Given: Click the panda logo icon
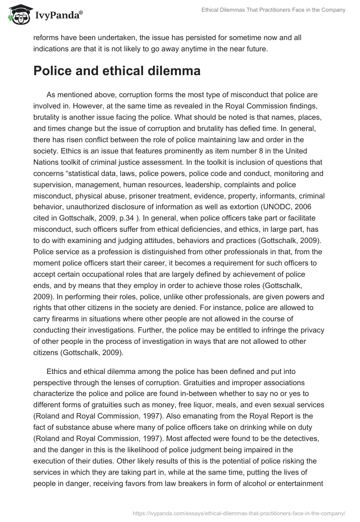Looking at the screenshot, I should [x=17, y=14].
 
